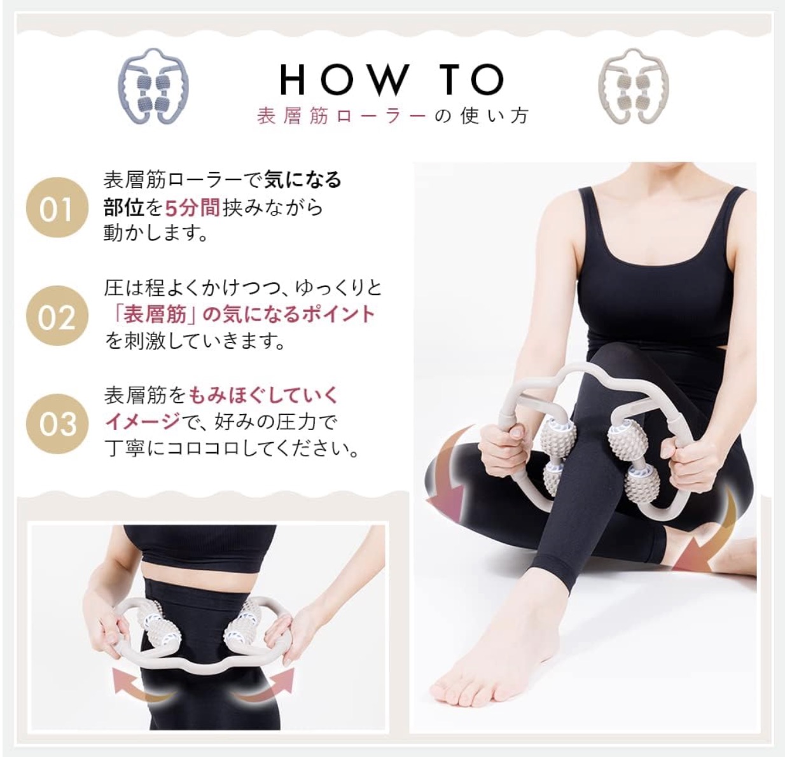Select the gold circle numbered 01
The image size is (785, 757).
pyautogui.click(x=55, y=208)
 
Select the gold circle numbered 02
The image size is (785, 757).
pyautogui.click(x=55, y=316)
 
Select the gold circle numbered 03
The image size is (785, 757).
pyautogui.click(x=55, y=422)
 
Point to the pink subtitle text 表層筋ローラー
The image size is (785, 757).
pyautogui.click(x=340, y=116)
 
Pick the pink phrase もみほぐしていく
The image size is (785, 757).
pyautogui.click(x=263, y=395)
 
